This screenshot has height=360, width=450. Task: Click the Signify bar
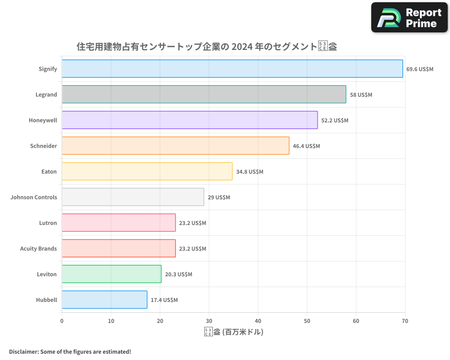pos(232,69)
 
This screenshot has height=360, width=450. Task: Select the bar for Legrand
pos(204,94)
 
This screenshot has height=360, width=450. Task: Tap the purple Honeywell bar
pos(189,120)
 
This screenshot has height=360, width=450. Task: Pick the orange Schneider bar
pos(175,146)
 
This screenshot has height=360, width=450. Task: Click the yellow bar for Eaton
pos(147,171)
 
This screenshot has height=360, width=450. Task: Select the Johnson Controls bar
pos(133,197)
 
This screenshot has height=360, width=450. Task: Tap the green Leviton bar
pos(112,274)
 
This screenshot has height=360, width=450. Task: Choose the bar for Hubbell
pos(104,300)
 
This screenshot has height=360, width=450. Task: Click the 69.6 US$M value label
pos(420,69)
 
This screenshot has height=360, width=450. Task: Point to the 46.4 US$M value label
pos(306,146)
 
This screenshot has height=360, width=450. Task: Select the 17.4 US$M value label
pos(164,300)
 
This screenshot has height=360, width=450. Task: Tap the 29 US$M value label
pos(219,198)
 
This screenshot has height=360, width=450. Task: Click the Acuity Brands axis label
pos(38,248)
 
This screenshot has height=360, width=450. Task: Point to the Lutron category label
pos(48,223)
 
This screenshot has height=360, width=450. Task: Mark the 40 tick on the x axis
pos(258,321)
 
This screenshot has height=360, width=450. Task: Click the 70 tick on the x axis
pos(405,321)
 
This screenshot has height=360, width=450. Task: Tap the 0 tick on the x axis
pos(62,321)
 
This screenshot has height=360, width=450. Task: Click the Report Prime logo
pos(409,18)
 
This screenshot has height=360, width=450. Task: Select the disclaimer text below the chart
pos(70,351)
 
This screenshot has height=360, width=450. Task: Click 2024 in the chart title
pos(242,46)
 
